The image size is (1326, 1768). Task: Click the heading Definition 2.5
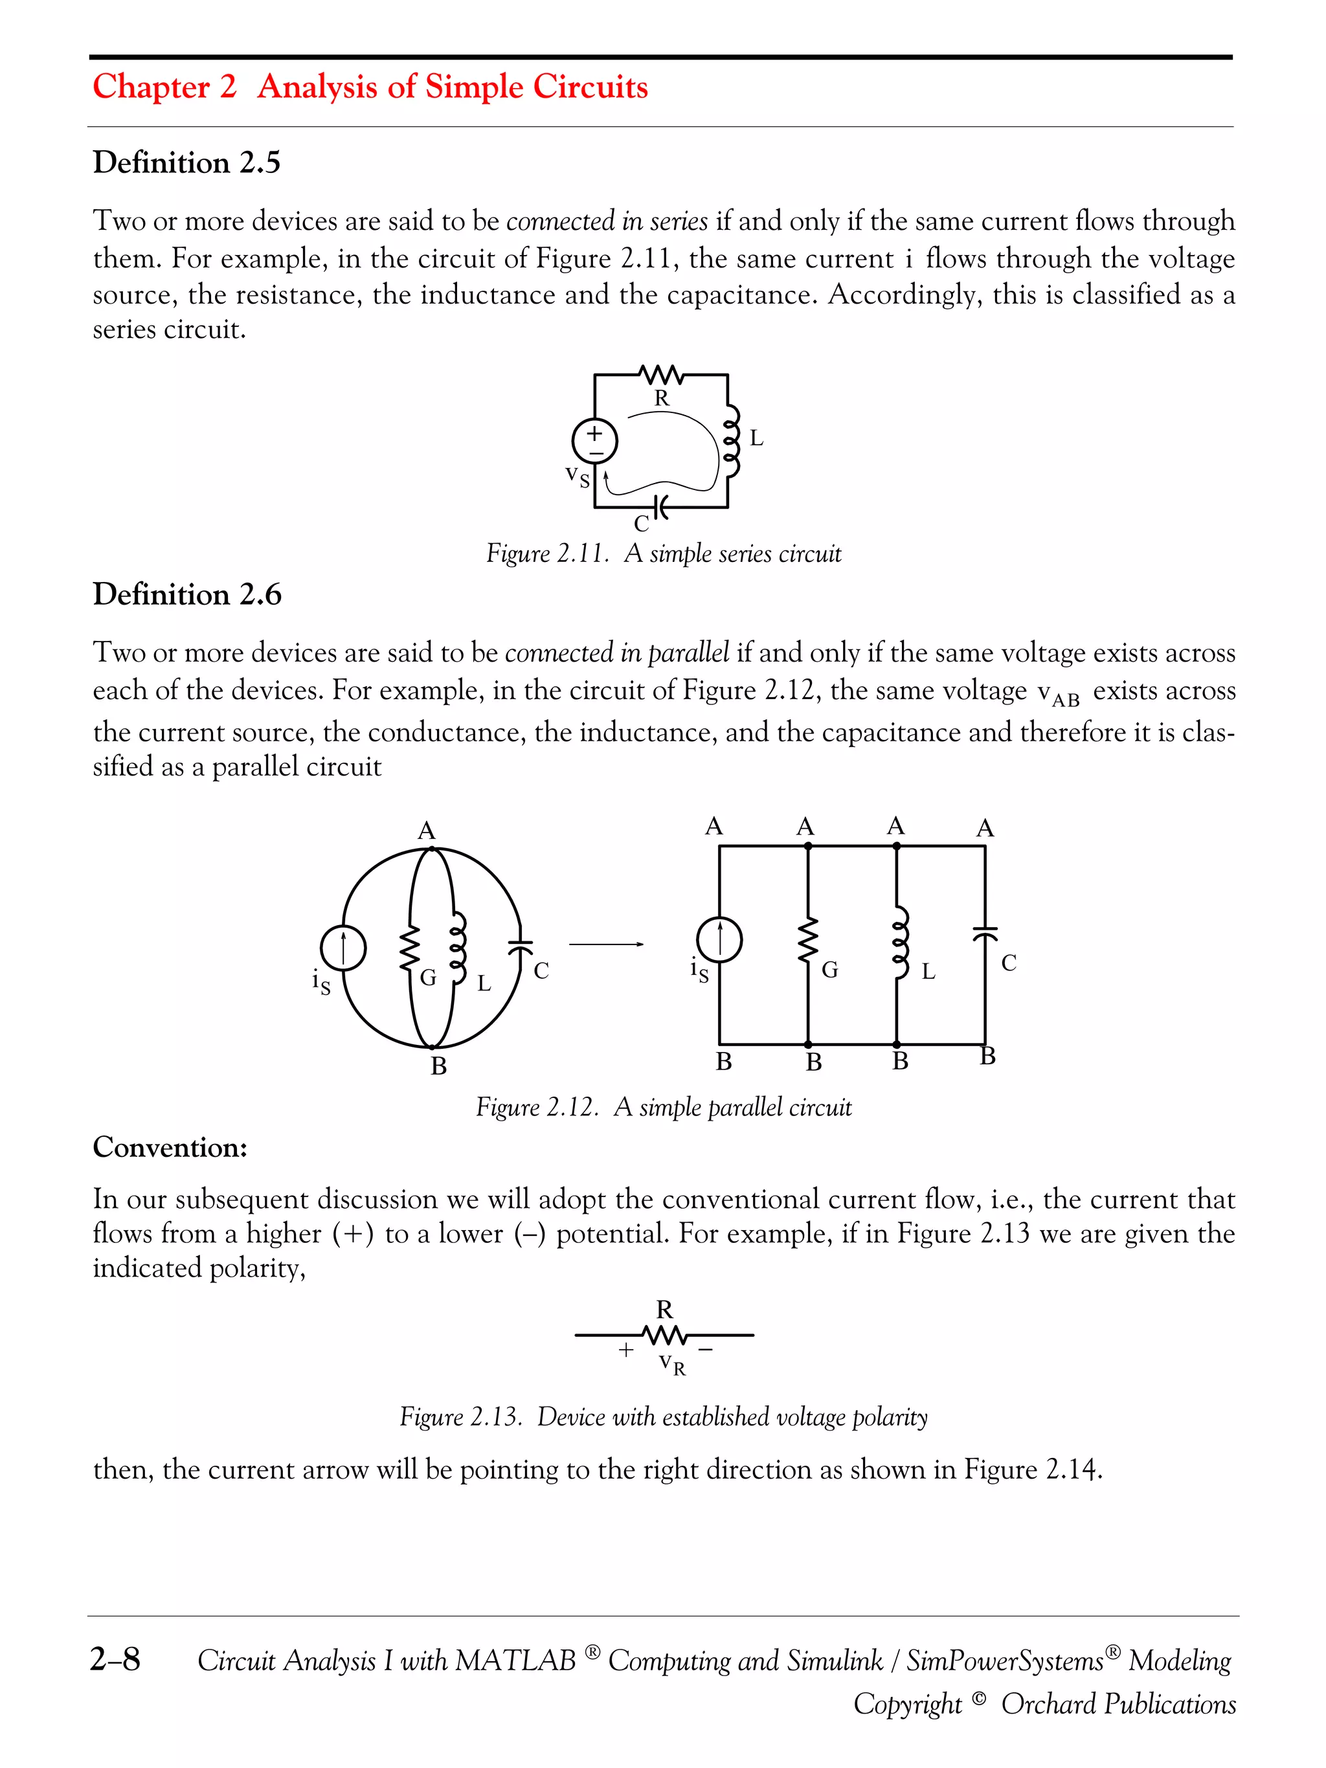point(186,162)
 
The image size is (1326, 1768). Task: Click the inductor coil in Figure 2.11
point(730,442)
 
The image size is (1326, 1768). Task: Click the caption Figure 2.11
point(664,554)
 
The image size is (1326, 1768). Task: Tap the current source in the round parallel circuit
point(344,949)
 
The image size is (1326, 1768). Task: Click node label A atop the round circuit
point(427,831)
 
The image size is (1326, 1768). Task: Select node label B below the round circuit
point(438,1066)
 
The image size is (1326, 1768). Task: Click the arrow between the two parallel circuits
point(607,945)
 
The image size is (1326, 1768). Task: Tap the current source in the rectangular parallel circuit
point(719,939)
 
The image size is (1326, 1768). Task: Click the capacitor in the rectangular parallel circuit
point(985,933)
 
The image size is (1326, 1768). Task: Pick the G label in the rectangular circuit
point(829,970)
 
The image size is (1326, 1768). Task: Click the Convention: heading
point(170,1148)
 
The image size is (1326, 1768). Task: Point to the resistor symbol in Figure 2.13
point(664,1334)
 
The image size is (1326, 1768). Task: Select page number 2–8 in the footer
point(115,1660)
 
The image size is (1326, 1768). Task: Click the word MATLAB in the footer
point(515,1661)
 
